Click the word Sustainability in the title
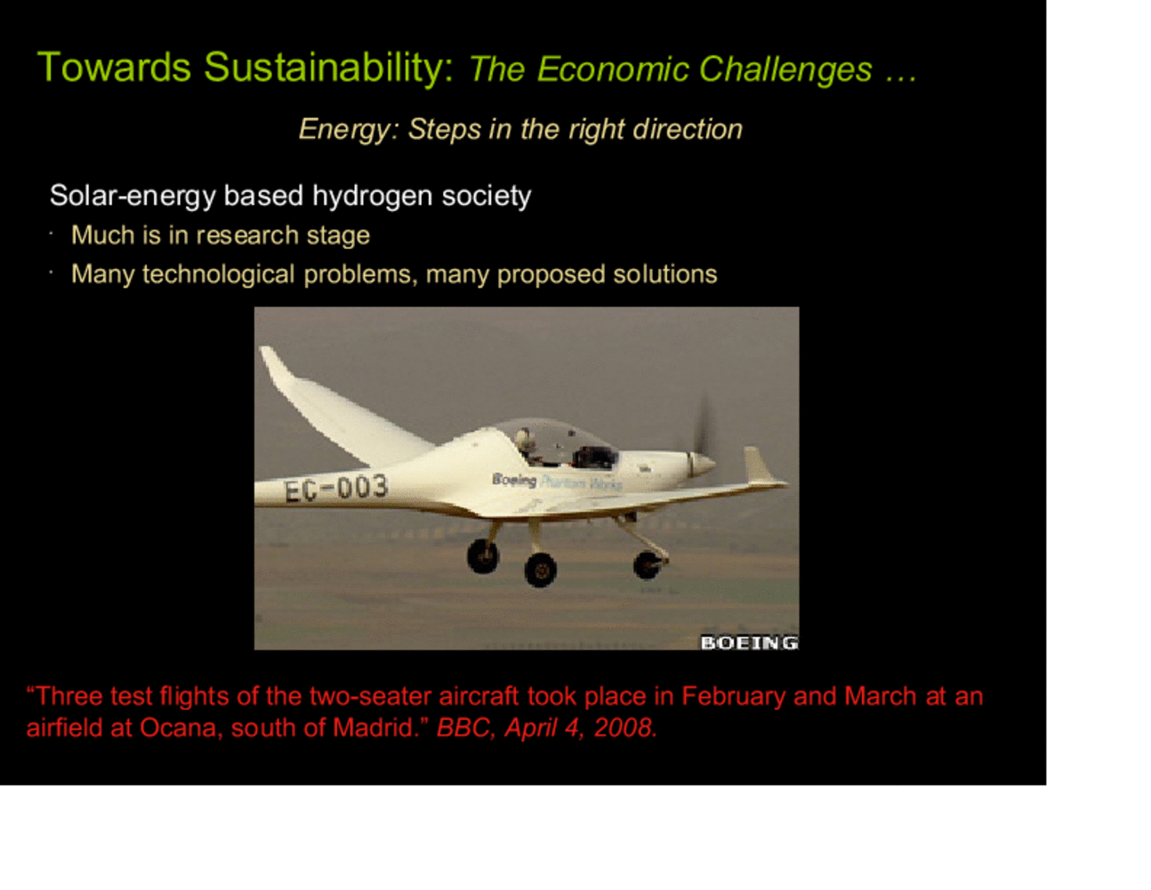328,69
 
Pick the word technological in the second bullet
218,274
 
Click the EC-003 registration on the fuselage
336,488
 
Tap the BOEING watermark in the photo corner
749,643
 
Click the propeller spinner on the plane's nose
702,464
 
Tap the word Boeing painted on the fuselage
514,480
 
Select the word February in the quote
734,696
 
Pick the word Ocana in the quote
178,728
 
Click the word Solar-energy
133,197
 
